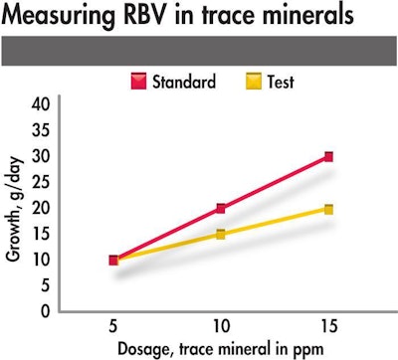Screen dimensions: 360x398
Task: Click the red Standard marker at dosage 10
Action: (220, 209)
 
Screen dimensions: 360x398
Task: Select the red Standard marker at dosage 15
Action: (327, 157)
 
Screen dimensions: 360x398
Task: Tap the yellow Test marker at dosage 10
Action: (220, 235)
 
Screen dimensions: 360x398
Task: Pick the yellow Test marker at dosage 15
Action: (327, 209)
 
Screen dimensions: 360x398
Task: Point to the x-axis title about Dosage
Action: (220, 348)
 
